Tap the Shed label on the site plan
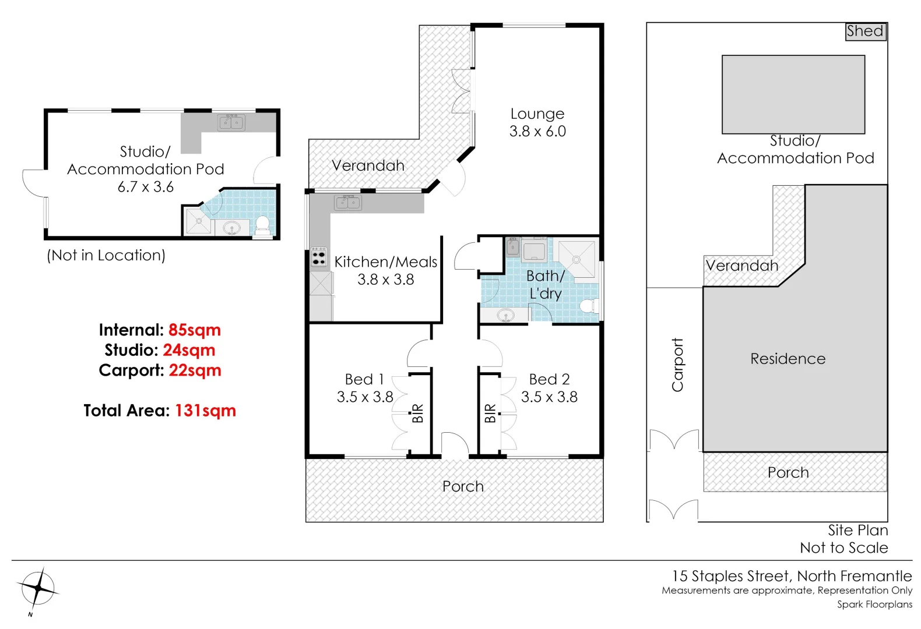(x=865, y=31)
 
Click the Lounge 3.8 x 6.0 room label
(x=537, y=122)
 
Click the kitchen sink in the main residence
(x=348, y=203)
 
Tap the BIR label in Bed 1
(x=418, y=413)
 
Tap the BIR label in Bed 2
(x=490, y=413)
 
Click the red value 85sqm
(x=195, y=330)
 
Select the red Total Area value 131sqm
(x=205, y=411)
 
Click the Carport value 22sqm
(x=195, y=370)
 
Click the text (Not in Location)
(x=106, y=255)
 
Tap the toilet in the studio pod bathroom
(x=263, y=224)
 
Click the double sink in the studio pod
(x=231, y=123)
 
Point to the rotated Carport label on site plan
(x=677, y=365)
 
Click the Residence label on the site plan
(x=788, y=359)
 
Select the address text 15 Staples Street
(x=732, y=576)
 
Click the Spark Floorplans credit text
(x=874, y=605)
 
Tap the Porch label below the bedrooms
(x=463, y=486)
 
